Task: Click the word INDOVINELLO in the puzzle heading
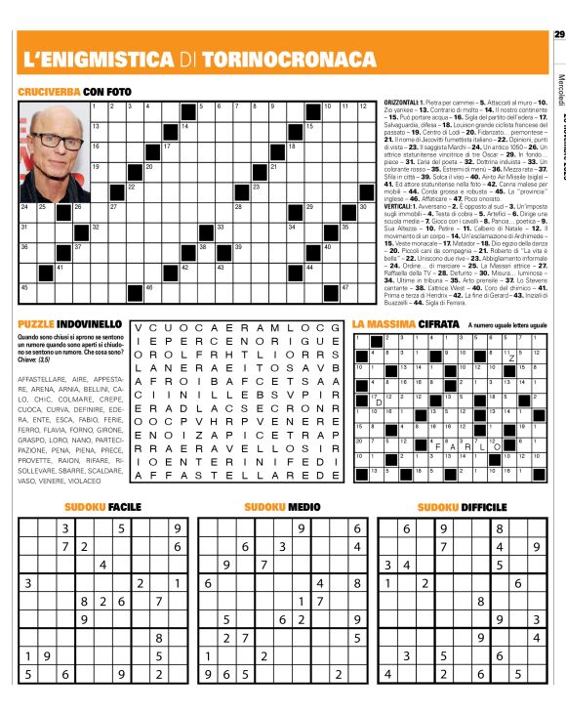click(x=89, y=322)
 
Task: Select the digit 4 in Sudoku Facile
click(x=103, y=564)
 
